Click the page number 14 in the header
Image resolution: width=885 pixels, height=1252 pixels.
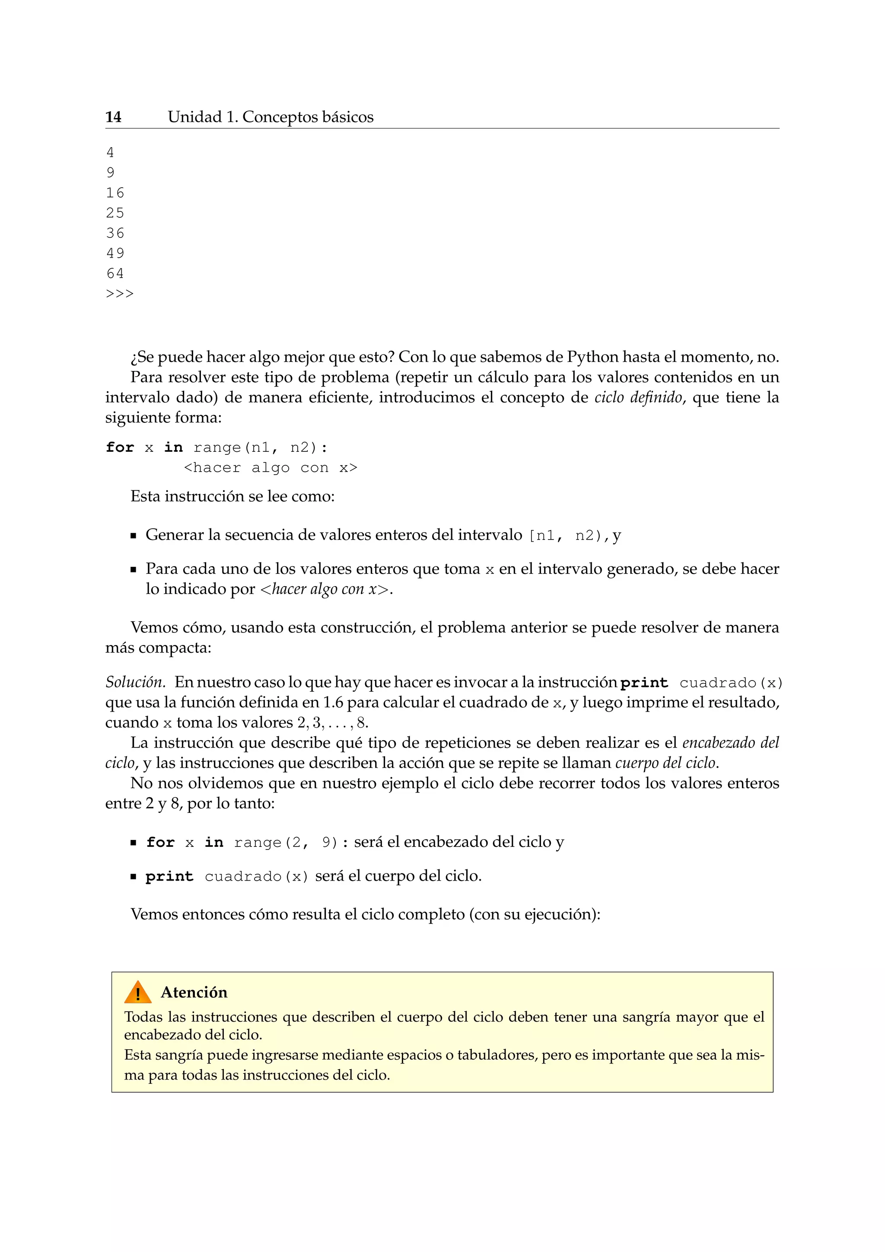[x=113, y=117]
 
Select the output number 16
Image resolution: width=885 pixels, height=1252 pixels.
[x=115, y=193]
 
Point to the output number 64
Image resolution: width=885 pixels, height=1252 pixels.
[x=115, y=273]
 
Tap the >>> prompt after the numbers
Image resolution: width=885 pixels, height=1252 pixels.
[x=119, y=294]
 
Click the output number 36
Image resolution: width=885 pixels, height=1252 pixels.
[x=115, y=233]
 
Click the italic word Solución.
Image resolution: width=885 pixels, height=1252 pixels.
[x=135, y=682]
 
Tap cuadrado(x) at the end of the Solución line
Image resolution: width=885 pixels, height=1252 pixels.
[x=731, y=683]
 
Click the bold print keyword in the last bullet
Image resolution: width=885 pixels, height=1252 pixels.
[x=169, y=876]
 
